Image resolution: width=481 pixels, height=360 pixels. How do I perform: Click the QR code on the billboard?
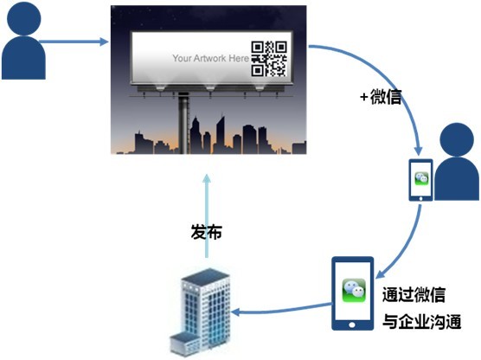[x=269, y=59]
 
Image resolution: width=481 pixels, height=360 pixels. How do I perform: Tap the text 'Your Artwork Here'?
[x=210, y=58]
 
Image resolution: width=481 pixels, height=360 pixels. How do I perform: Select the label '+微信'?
[x=381, y=97]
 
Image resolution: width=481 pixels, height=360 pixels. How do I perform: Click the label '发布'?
[x=207, y=232]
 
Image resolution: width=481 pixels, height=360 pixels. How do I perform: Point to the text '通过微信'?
[x=414, y=294]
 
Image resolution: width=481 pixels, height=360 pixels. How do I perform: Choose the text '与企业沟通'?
[x=422, y=322]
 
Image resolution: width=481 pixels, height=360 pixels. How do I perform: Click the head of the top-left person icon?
[x=24, y=18]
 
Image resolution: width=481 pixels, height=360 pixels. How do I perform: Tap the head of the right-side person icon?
[x=457, y=139]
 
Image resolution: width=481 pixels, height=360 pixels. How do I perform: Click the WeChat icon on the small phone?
[x=421, y=178]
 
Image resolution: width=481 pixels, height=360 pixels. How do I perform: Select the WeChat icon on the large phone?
[x=354, y=290]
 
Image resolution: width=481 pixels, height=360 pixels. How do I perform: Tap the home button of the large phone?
[x=352, y=325]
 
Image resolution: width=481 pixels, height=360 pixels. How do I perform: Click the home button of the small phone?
[x=420, y=198]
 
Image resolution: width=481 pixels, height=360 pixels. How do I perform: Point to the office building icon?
[x=200, y=312]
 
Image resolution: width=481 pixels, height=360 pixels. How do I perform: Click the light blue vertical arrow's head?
[x=207, y=178]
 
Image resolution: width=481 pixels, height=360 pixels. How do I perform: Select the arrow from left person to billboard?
[x=74, y=42]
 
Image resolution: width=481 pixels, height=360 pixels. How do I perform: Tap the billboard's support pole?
[x=183, y=123]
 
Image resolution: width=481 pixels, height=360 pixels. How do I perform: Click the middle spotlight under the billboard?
[x=210, y=88]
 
